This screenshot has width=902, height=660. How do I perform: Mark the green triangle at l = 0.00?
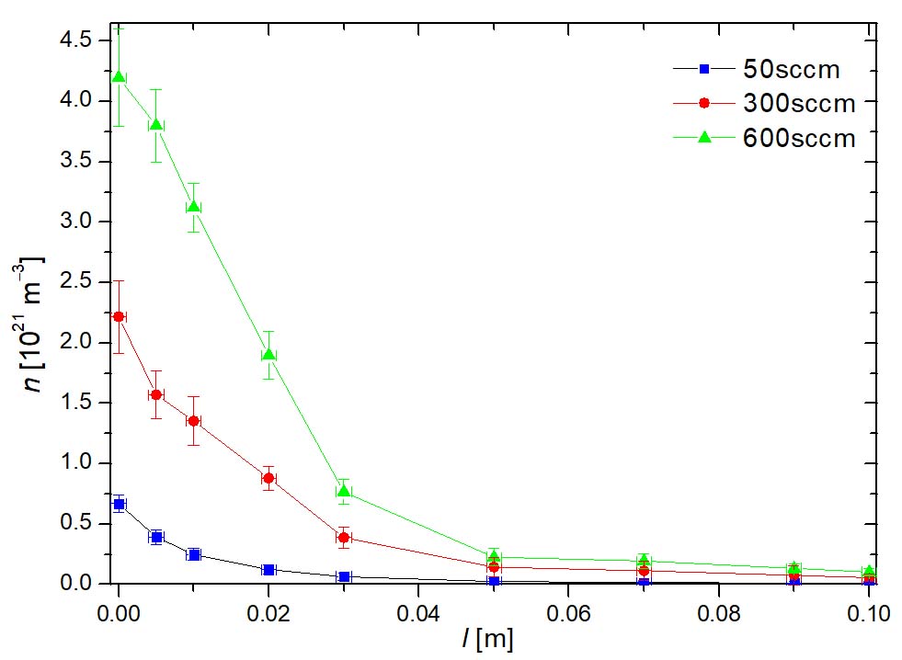pyautogui.click(x=119, y=75)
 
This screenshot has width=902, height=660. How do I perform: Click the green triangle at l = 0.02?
pyautogui.click(x=268, y=354)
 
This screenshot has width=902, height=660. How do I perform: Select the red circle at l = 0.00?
pyautogui.click(x=119, y=316)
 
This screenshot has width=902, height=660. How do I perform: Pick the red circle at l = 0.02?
pyautogui.click(x=268, y=477)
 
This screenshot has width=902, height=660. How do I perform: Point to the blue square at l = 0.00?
pyautogui.click(x=119, y=504)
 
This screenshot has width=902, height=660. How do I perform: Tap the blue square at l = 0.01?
pyautogui.click(x=194, y=554)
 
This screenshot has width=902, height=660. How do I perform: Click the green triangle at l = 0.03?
pyautogui.click(x=344, y=491)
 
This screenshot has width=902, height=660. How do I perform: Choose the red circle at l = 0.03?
pyautogui.click(x=344, y=537)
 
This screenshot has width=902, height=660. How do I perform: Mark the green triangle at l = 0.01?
pyautogui.click(x=194, y=206)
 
